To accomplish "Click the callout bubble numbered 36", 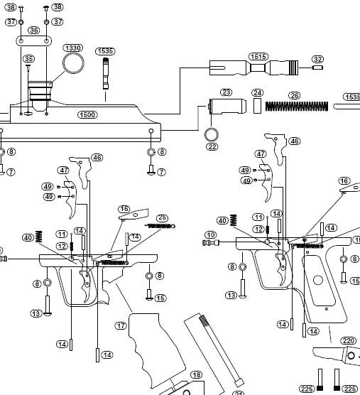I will (34, 31).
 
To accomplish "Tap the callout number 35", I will (28, 58).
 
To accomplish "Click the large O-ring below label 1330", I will (72, 65).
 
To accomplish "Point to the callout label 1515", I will (258, 56).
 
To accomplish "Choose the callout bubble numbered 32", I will (317, 59).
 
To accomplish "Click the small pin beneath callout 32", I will (317, 68).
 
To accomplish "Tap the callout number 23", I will (227, 92).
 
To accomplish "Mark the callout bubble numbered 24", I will (258, 93).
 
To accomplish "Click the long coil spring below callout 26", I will (296, 106).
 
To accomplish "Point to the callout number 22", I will (212, 147).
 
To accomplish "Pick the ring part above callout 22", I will (212, 134).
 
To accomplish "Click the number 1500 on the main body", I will (88, 114).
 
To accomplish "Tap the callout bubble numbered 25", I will (162, 217).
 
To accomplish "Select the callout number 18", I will (196, 374).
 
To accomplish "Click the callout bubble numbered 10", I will (210, 234).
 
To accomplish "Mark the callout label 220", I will (348, 341).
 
